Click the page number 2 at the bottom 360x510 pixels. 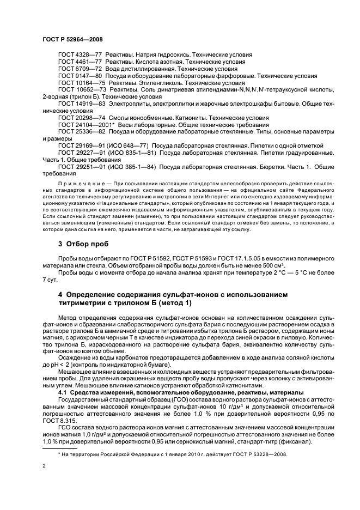tap(44, 466)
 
